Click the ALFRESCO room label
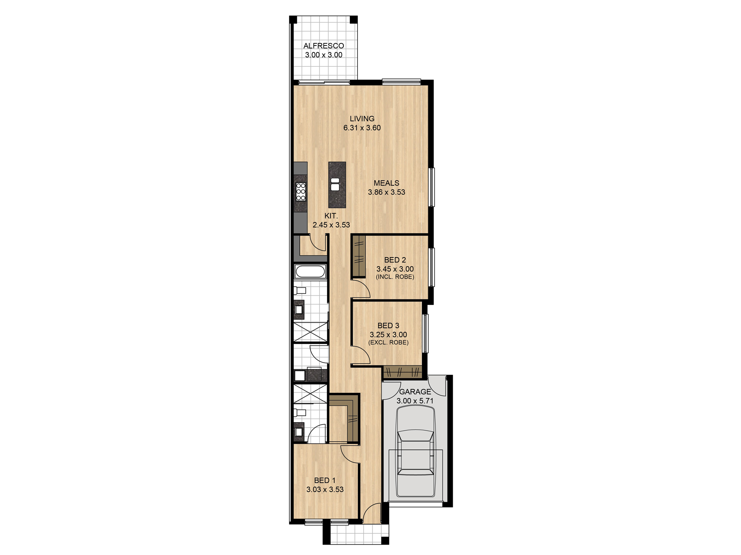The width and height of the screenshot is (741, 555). (323, 46)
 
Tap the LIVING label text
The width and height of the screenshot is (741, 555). (362, 118)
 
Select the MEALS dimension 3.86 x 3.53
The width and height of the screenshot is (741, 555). (386, 192)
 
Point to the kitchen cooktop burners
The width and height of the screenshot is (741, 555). (301, 192)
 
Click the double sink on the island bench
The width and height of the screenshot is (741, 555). (335, 184)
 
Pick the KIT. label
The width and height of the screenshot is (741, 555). (331, 216)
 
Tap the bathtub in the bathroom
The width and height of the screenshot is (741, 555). (310, 272)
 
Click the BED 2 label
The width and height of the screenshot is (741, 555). (395, 260)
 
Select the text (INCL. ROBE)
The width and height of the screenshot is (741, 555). (395, 277)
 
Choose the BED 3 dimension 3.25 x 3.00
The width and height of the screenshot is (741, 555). (388, 334)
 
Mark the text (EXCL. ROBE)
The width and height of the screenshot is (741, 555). (388, 342)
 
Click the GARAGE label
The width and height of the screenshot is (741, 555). (415, 391)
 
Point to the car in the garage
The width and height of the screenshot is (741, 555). (415, 451)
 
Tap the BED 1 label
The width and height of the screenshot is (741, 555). (325, 480)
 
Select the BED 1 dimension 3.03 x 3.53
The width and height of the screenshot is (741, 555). (325, 489)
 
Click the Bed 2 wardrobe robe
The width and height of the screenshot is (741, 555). (359, 256)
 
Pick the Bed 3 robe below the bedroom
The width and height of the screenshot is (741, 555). (402, 372)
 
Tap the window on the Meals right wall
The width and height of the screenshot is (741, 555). (432, 187)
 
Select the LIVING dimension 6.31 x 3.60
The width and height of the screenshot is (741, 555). (362, 128)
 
